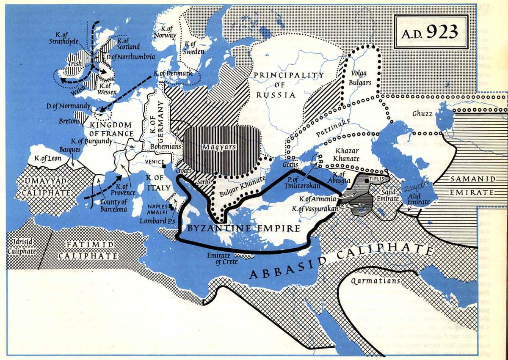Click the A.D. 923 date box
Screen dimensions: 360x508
point(431,31)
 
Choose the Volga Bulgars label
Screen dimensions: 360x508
point(361,78)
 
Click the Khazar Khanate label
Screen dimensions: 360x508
point(347,155)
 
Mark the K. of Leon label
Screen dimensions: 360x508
point(48,159)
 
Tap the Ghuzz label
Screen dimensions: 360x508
point(420,114)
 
